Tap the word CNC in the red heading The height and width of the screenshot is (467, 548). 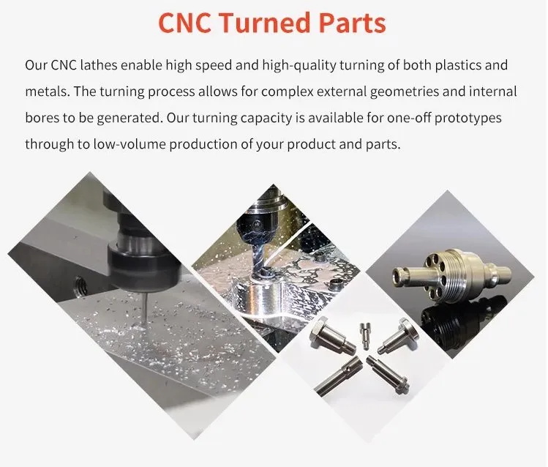[184, 23]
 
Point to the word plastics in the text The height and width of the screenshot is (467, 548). [458, 66]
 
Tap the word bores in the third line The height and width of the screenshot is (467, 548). [42, 118]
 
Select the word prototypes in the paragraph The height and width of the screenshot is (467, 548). [468, 119]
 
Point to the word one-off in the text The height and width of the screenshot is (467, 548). [408, 118]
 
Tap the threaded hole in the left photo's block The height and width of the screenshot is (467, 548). [80, 282]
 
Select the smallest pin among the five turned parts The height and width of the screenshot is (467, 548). [364, 335]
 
